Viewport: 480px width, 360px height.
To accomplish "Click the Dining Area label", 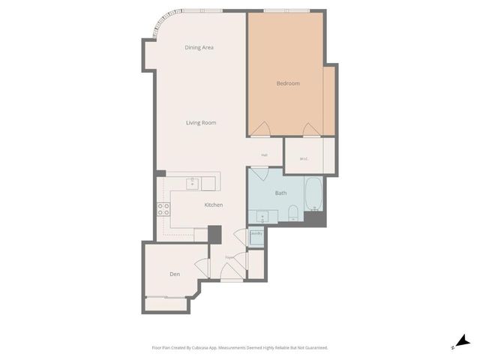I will click(x=199, y=47).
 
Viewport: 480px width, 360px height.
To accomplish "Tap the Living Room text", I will click(x=201, y=122).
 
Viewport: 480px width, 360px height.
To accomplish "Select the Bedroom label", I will click(x=288, y=83).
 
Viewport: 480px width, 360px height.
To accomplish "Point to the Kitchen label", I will click(x=214, y=205).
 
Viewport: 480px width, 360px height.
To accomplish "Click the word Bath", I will click(x=280, y=193).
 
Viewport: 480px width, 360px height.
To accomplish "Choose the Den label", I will click(x=175, y=274).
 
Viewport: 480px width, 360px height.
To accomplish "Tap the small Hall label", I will click(x=265, y=155).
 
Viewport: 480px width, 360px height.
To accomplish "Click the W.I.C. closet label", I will click(x=304, y=158).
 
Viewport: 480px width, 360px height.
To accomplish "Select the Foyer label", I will click(x=231, y=257).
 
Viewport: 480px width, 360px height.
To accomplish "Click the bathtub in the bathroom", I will click(x=313, y=194).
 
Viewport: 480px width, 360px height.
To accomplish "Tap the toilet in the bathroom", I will click(x=294, y=212).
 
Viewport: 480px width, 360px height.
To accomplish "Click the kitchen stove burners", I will click(x=163, y=209).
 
